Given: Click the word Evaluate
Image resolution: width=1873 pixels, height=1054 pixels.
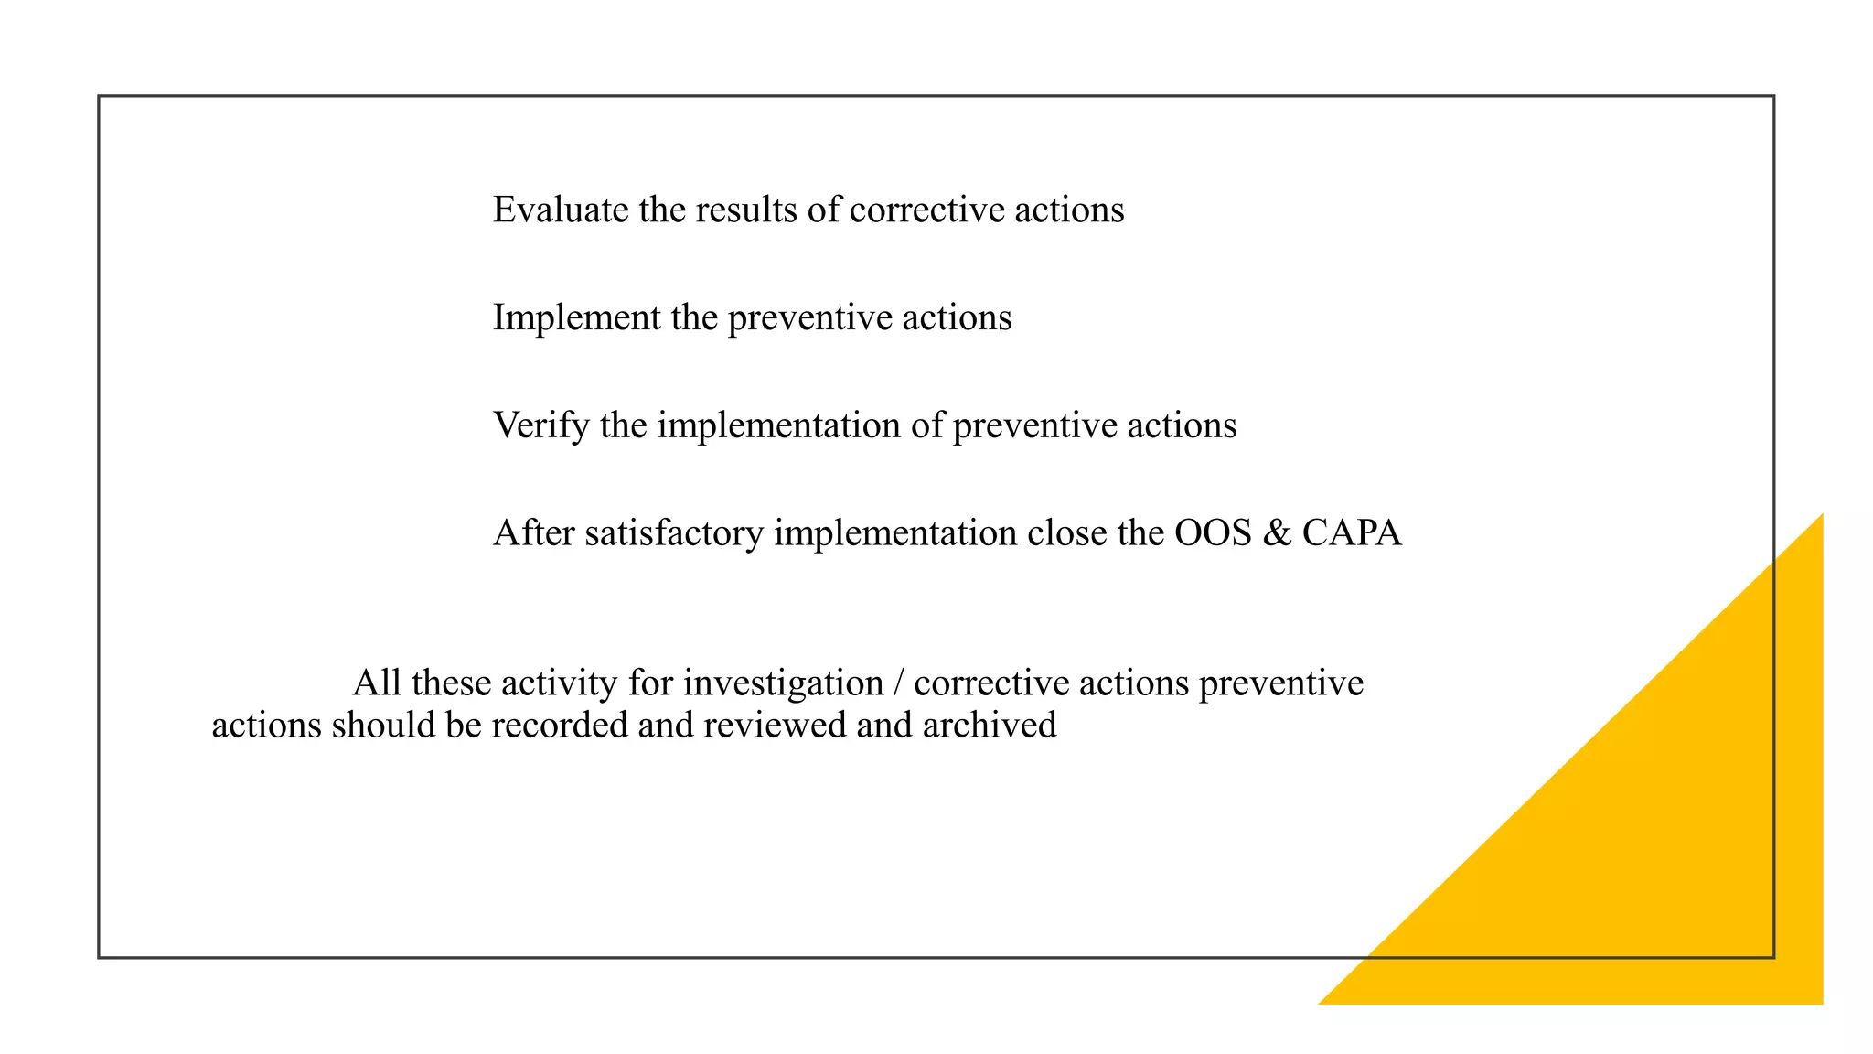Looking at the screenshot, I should click(560, 210).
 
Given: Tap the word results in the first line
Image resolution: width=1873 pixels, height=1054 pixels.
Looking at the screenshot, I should click(745, 210).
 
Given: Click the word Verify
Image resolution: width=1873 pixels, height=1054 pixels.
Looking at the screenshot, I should click(540, 426).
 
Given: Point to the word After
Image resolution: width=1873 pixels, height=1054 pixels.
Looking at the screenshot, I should click(533, 532).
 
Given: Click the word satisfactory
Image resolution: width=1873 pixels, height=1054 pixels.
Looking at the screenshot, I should click(673, 533).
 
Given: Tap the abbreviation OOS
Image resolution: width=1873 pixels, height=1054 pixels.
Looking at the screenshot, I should click(1212, 532).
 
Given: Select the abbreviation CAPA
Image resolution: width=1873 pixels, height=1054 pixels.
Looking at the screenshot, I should click(1351, 532).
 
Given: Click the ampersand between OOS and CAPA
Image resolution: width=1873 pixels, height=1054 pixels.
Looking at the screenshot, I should click(1276, 532).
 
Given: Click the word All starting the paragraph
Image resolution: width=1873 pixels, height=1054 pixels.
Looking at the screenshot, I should click(376, 683).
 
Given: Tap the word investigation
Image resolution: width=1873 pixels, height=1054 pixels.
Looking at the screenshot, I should click(783, 684).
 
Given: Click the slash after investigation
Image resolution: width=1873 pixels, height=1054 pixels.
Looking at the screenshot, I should click(899, 683).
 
